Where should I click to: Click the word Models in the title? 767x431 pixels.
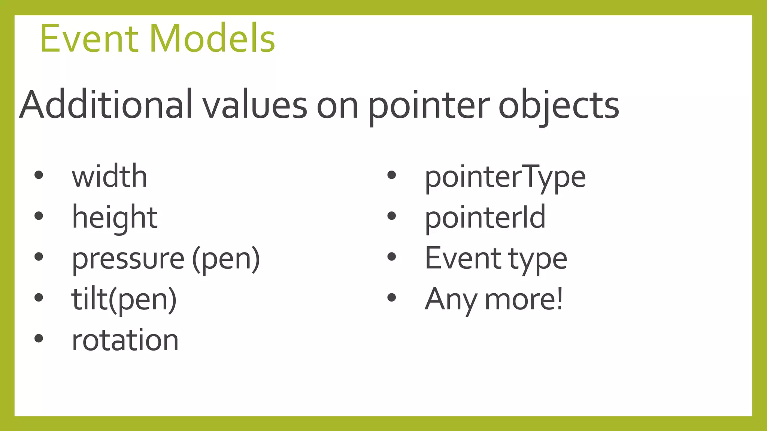pyautogui.click(x=212, y=39)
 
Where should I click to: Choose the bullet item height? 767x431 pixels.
pyautogui.click(x=115, y=217)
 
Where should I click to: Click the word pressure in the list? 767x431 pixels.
pyautogui.click(x=128, y=259)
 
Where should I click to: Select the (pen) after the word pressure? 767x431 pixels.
pyautogui.click(x=226, y=259)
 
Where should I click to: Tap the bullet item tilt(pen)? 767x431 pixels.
pyautogui.click(x=124, y=300)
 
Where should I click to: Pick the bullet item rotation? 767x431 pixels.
pyautogui.click(x=125, y=340)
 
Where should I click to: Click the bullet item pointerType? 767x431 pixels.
pyautogui.click(x=505, y=177)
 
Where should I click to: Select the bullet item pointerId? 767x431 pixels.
pyautogui.click(x=485, y=217)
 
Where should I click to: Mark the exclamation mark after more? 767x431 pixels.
pyautogui.click(x=559, y=299)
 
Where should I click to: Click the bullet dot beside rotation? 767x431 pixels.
pyautogui.click(x=39, y=339)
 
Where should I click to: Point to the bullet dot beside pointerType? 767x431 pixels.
pyautogui.click(x=392, y=175)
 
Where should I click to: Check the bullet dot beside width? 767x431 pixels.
pyautogui.click(x=39, y=175)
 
